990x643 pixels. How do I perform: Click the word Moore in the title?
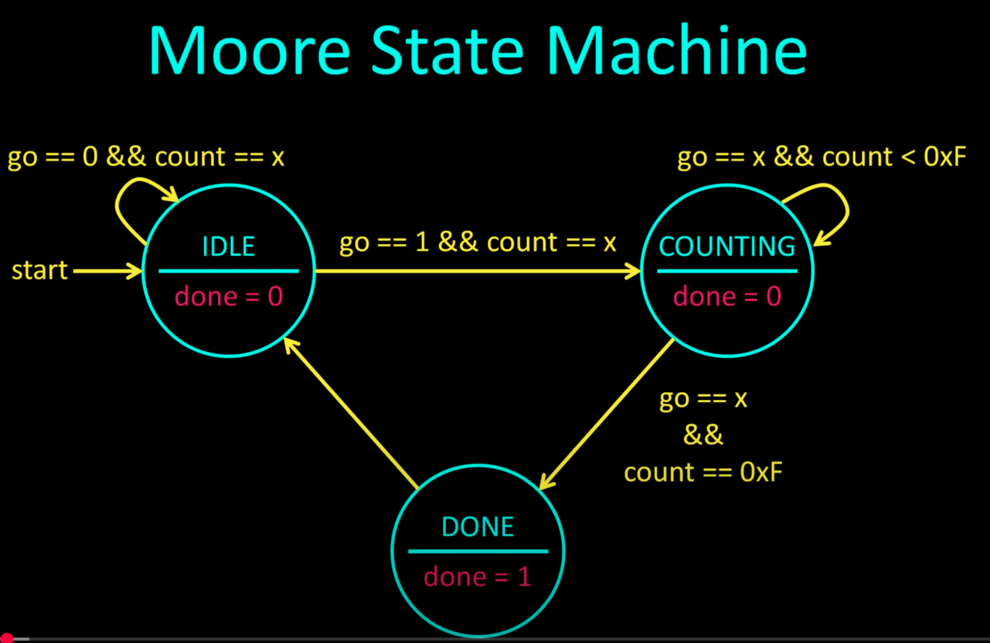[x=250, y=50]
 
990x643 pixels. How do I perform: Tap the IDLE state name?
[x=229, y=246]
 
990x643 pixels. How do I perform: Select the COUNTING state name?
[x=727, y=246]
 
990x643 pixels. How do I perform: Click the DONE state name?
[x=478, y=527]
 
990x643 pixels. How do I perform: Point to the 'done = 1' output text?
[x=478, y=576]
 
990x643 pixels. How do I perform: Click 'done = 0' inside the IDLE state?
[x=229, y=296]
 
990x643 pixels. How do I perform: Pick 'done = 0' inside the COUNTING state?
[x=727, y=296]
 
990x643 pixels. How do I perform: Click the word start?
[x=40, y=270]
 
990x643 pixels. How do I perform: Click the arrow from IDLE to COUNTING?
[x=477, y=271]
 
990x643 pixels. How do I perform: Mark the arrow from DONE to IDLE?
[x=351, y=413]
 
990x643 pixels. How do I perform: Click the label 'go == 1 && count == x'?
[x=478, y=243]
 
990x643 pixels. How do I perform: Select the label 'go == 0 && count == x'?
[x=146, y=157]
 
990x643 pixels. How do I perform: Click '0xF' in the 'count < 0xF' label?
[x=945, y=156]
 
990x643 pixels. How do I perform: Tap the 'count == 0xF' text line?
[x=703, y=472]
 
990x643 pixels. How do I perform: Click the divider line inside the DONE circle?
[x=478, y=551]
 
